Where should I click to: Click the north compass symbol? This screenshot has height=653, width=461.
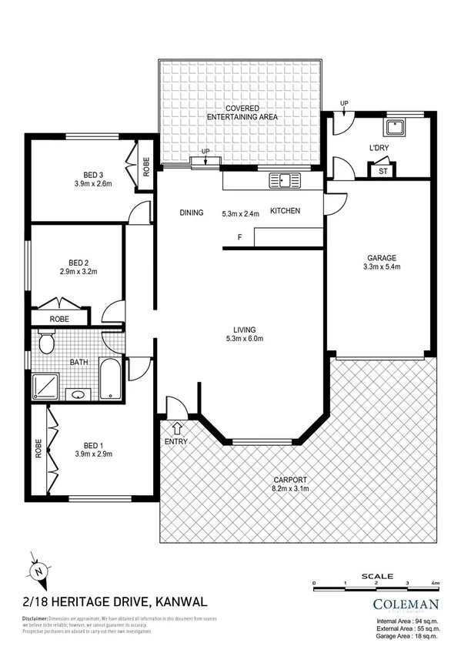pyautogui.click(x=40, y=570)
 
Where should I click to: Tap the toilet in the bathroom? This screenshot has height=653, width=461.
pyautogui.click(x=46, y=341)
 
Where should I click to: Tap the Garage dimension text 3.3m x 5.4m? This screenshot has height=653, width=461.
pyautogui.click(x=382, y=267)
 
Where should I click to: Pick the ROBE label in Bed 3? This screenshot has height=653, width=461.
pyautogui.click(x=146, y=166)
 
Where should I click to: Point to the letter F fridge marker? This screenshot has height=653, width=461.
pyautogui.click(x=239, y=236)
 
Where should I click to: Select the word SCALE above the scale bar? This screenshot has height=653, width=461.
pyautogui.click(x=376, y=576)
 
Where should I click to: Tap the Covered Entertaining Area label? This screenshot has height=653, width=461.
pyautogui.click(x=242, y=112)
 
